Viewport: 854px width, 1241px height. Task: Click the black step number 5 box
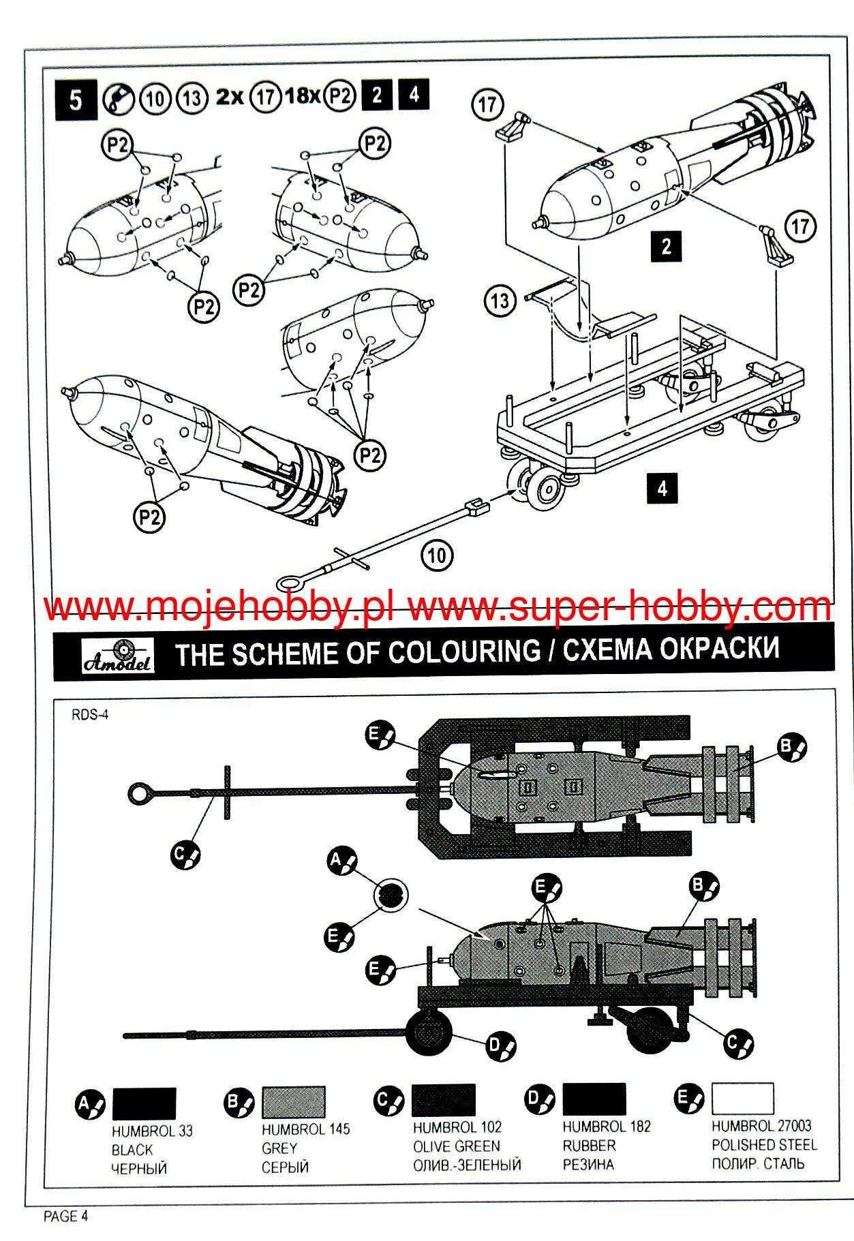(x=75, y=100)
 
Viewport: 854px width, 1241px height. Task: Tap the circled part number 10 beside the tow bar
(x=437, y=555)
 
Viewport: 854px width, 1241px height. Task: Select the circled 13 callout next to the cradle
(x=500, y=301)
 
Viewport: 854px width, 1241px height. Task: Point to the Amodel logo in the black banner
(x=118, y=656)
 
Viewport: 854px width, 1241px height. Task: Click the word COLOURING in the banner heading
(x=464, y=652)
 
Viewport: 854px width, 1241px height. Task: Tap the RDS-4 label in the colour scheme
(x=90, y=715)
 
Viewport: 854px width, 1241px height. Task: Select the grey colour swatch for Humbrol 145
(x=294, y=1102)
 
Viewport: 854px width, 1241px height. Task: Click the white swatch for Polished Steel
(x=742, y=1098)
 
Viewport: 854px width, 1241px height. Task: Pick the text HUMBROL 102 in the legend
(x=457, y=1128)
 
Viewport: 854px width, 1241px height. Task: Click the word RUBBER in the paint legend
(x=589, y=1146)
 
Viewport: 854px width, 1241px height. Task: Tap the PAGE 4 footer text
(x=65, y=1216)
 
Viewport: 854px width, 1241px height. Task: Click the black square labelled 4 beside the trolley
(x=661, y=489)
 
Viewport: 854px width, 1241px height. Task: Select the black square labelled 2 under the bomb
(x=666, y=246)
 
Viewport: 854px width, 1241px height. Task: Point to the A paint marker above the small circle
(x=342, y=861)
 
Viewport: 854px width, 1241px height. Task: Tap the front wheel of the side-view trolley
(x=429, y=1032)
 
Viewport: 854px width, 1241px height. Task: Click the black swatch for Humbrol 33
(x=144, y=1103)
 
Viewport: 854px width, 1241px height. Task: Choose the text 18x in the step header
(x=302, y=95)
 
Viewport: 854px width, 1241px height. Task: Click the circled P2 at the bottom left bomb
(x=149, y=517)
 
